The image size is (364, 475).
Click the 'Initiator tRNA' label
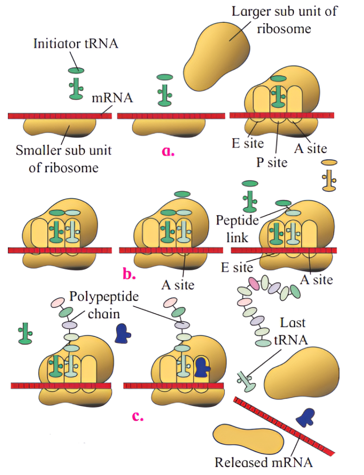(76, 44)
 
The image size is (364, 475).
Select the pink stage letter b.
(129, 274)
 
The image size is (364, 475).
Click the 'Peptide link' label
(236, 228)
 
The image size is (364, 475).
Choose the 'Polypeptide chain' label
(103, 304)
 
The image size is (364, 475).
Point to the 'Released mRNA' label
(263, 462)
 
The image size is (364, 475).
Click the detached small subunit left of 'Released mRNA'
(249, 440)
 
